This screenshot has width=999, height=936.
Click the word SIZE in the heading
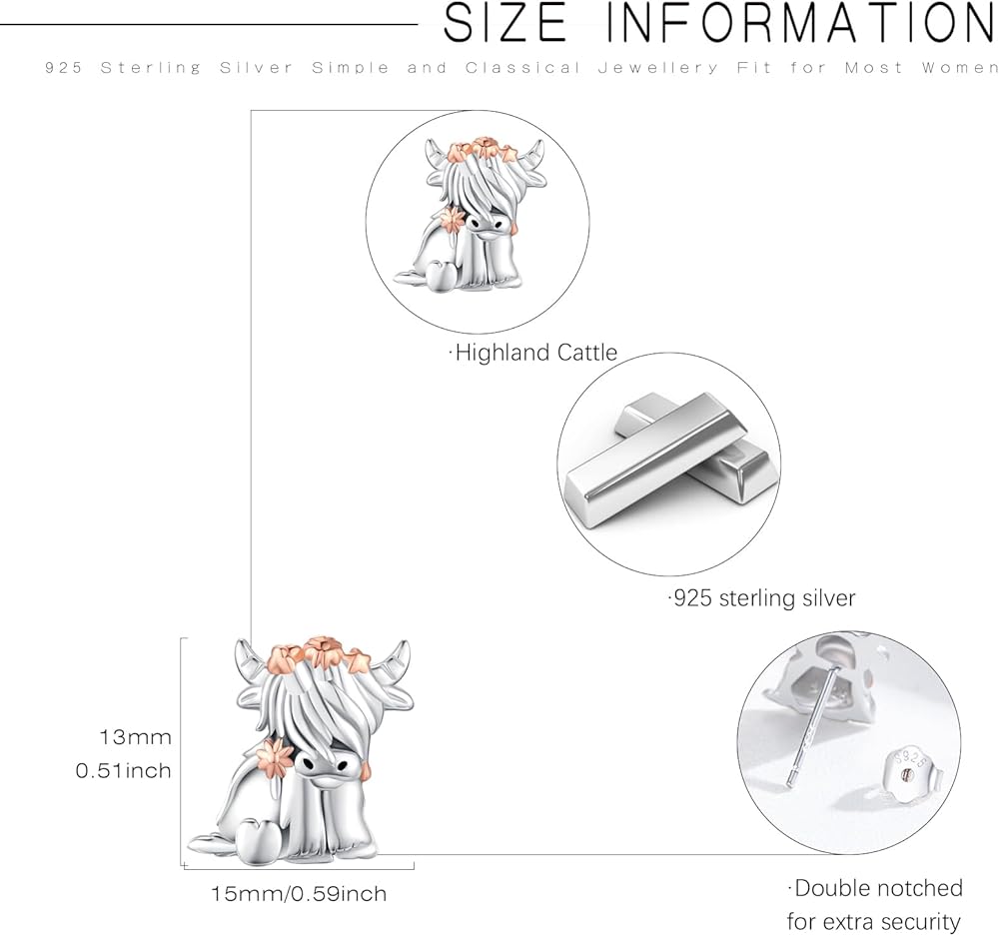(504, 24)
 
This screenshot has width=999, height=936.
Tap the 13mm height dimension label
(135, 737)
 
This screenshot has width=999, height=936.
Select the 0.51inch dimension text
(124, 771)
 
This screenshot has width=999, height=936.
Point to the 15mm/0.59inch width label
(299, 893)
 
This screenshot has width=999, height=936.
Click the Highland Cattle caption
(533, 353)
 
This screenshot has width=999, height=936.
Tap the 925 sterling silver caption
(762, 598)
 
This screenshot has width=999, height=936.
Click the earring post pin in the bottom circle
(812, 724)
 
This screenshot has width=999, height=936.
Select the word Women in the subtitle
(959, 68)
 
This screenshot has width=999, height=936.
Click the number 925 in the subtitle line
(64, 68)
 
